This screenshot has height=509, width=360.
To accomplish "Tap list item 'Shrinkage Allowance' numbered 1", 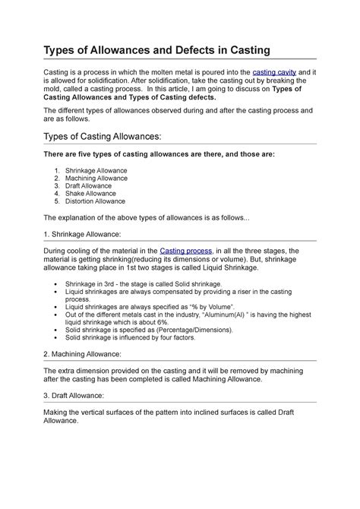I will (x=96, y=171).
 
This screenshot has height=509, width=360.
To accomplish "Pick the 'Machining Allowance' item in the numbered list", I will (x=96, y=179).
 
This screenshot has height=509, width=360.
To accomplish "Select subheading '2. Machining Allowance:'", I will (x=82, y=354).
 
